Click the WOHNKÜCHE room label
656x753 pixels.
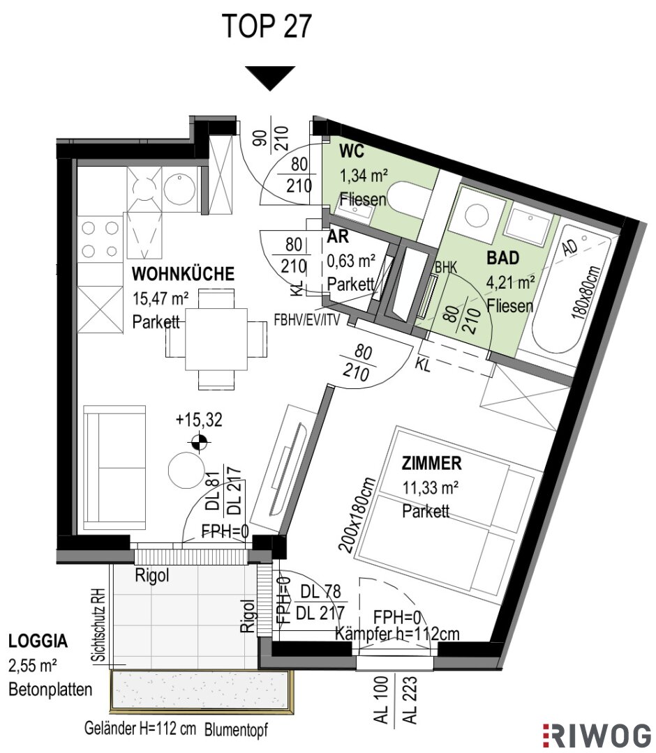[183, 274]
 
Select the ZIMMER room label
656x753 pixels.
[431, 464]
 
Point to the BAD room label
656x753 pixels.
[503, 258]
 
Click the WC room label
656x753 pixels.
[352, 152]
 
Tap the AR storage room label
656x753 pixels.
[338, 237]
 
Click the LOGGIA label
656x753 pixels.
[38, 641]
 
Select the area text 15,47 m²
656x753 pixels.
[161, 298]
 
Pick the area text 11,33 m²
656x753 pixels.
[430, 488]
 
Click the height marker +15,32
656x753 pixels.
[199, 420]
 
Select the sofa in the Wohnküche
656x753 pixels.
[114, 468]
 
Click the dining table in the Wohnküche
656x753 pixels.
[216, 339]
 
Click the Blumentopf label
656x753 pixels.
[236, 730]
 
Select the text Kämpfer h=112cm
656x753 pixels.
[397, 634]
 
